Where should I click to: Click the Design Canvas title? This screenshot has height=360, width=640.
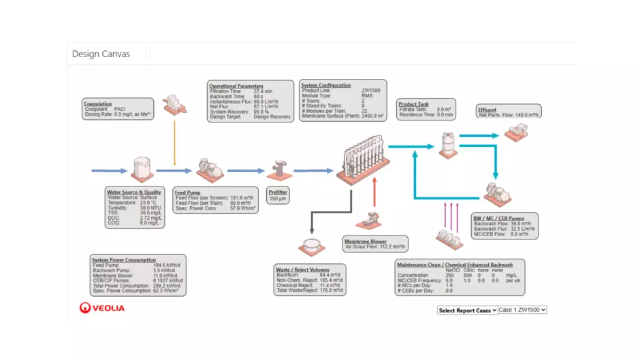(x=100, y=54)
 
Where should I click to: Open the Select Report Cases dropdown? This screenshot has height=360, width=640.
(x=467, y=310)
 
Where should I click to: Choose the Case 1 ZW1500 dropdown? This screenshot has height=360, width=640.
(x=522, y=310)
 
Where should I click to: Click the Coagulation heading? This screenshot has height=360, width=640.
(x=97, y=103)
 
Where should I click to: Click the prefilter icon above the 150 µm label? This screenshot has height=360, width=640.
(x=278, y=170)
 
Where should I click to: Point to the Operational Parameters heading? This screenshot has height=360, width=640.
(x=236, y=86)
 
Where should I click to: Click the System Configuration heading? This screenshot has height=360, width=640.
(x=326, y=86)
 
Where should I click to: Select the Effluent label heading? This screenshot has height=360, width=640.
(x=487, y=110)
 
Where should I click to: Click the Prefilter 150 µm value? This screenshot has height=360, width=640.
(x=278, y=199)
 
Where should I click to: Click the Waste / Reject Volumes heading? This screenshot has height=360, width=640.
(x=302, y=270)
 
